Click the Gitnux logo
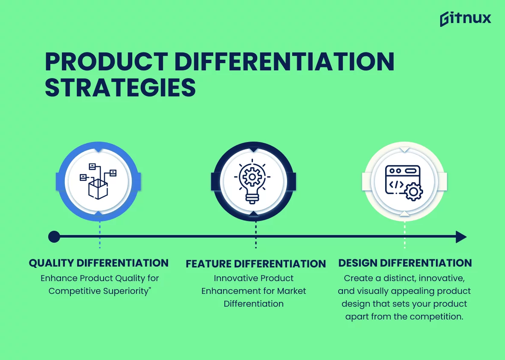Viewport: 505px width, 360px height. coord(465,19)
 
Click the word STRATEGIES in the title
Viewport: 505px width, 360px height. coord(120,87)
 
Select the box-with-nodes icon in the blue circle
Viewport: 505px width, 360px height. coord(98,181)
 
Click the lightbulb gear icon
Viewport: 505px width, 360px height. coord(252,181)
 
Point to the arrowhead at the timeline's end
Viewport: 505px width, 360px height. coord(461,237)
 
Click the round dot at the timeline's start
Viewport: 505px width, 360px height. coord(54,237)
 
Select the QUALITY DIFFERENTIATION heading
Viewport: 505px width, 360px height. coord(99,263)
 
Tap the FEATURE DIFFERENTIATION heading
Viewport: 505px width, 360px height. coord(256,264)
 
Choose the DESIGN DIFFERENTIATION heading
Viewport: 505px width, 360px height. coord(405,263)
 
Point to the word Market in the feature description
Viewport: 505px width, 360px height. coord(291,291)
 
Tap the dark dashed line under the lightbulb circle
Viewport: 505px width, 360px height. coord(256,235)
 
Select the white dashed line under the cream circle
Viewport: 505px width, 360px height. coord(404,235)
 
